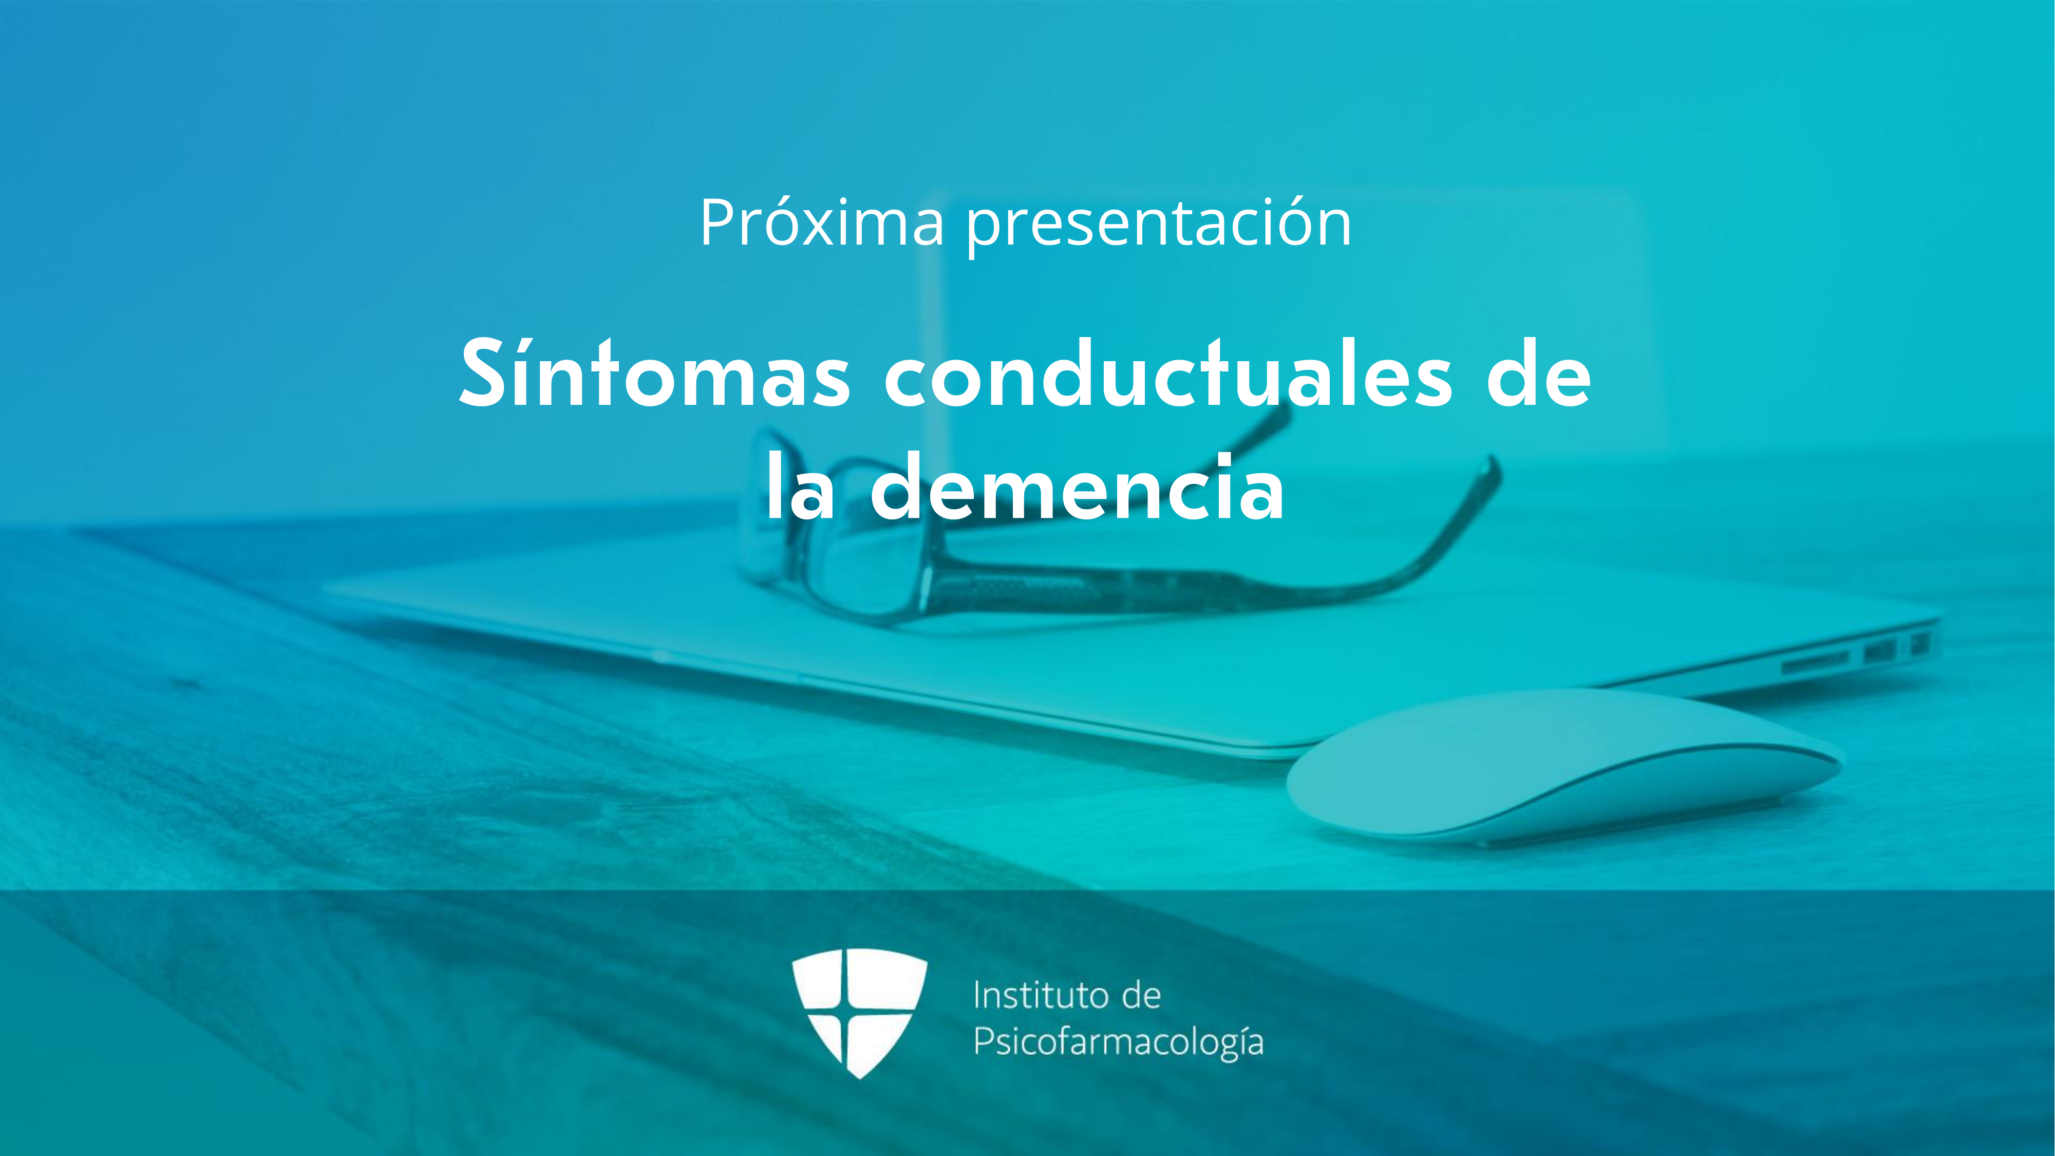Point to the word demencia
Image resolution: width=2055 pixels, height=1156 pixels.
1077,486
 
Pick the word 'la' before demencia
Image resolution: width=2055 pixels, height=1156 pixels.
801,486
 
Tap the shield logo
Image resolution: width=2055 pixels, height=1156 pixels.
859,1012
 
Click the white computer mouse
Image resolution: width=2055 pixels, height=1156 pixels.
1563,766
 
